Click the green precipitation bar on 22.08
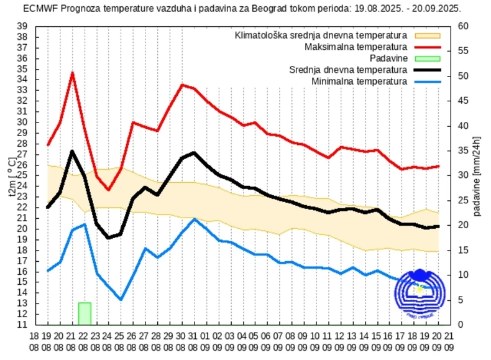(x=85, y=313)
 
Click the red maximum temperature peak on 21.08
(x=72, y=73)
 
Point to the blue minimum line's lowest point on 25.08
(x=121, y=300)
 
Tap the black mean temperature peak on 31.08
(x=194, y=153)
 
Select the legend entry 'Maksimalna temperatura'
(x=356, y=47)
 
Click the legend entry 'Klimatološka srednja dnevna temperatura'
(x=321, y=35)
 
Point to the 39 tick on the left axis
(x=22, y=26)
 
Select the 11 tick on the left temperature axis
(x=22, y=325)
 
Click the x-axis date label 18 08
(x=35, y=341)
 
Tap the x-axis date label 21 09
(x=449, y=341)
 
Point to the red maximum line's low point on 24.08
(x=108, y=190)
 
